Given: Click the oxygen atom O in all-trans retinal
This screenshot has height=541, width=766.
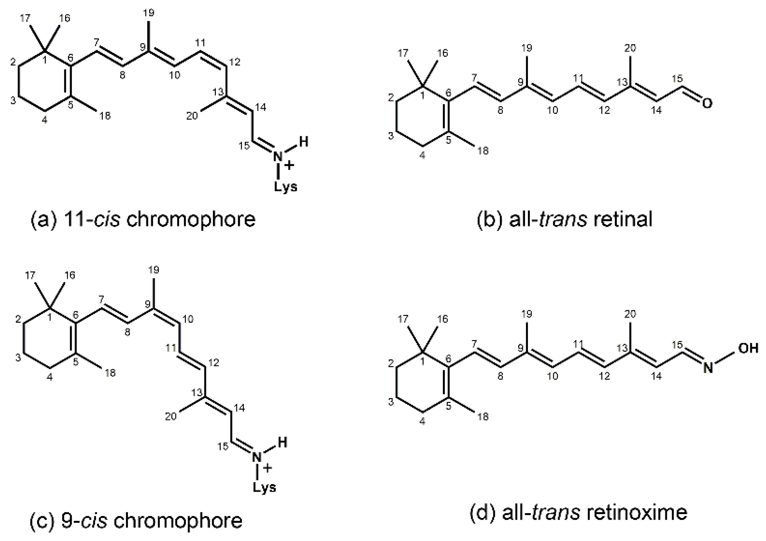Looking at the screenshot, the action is coord(707,103).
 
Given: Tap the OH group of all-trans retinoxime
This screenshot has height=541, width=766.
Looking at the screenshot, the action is coord(748,348).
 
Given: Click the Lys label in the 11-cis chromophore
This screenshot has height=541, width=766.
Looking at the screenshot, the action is coord(286,187).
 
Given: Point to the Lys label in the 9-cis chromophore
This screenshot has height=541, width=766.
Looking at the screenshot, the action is coord(264,487).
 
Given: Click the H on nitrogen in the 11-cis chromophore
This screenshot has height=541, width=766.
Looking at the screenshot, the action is coord(303,142).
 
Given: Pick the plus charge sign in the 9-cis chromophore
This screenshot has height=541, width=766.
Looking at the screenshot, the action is coord(268,468).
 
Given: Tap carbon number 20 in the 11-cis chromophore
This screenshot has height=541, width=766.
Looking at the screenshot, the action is coord(192,116).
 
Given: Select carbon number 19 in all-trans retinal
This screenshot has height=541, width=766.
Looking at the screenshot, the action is coord(527,48).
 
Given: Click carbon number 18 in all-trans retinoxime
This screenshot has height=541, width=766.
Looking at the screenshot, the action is coord(483,417).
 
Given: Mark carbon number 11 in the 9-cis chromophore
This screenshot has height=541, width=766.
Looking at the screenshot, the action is coord(171,348).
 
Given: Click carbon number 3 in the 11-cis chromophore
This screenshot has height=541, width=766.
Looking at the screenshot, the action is coord(13,100).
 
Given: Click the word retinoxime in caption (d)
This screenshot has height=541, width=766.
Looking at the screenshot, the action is coord(637,513).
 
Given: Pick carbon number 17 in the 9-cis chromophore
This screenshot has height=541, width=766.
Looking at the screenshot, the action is coord(30,276).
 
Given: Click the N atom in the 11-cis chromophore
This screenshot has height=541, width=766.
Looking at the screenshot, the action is coord(278,157).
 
